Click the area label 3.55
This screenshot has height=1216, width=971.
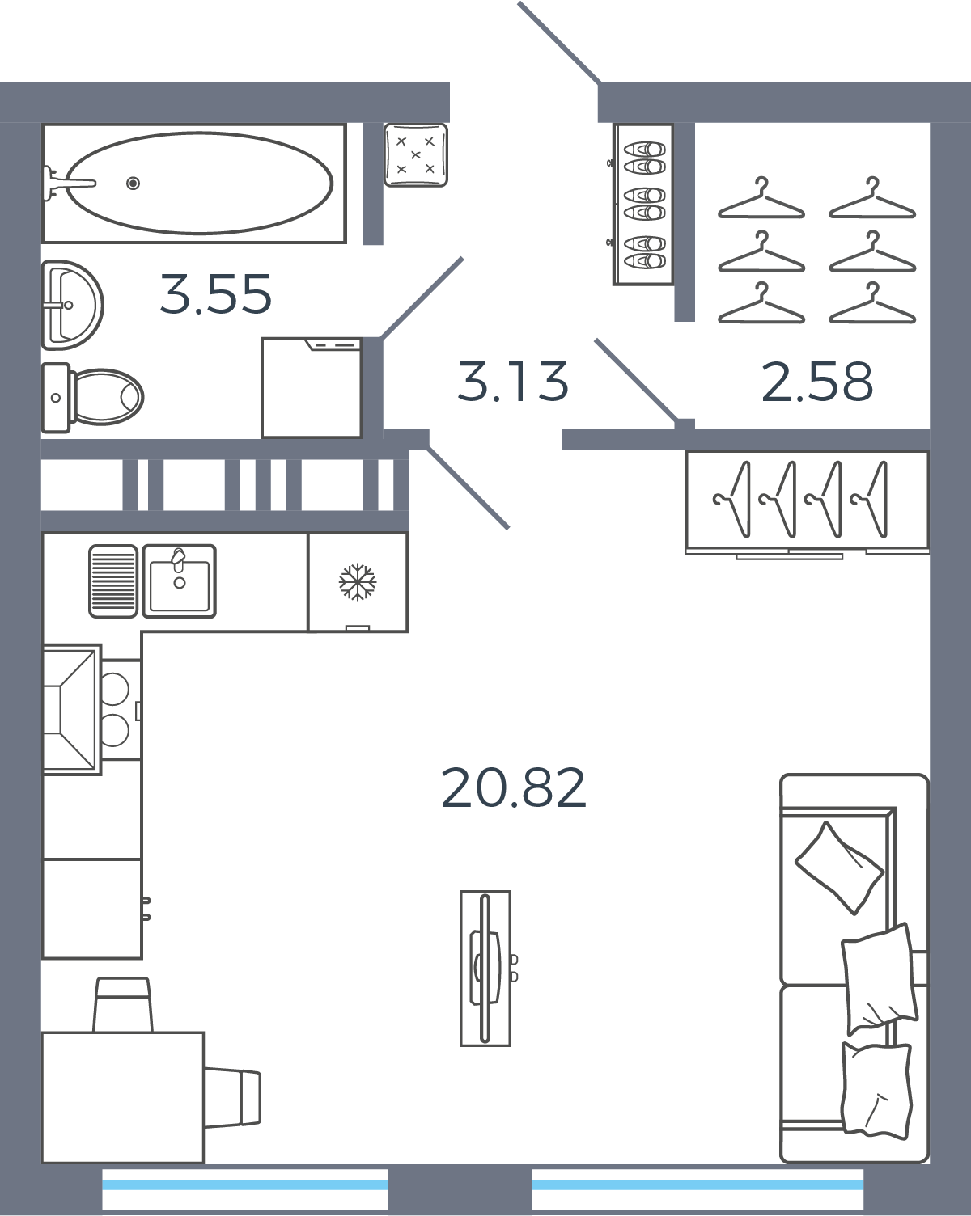pyautogui.click(x=215, y=293)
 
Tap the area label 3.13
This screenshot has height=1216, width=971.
pyautogui.click(x=512, y=382)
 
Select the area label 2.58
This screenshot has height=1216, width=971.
pyautogui.click(x=817, y=382)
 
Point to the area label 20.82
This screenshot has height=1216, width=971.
pyautogui.click(x=513, y=787)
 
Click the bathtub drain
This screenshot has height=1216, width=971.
pyautogui.click(x=133, y=183)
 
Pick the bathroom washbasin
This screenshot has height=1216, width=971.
pyautogui.click(x=72, y=305)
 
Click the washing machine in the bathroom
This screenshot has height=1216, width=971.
pyautogui.click(x=312, y=387)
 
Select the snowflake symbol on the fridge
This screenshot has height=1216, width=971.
pyautogui.click(x=358, y=581)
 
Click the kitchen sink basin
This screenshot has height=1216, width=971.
pyautogui.click(x=180, y=581)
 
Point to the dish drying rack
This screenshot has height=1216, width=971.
pyautogui.click(x=113, y=581)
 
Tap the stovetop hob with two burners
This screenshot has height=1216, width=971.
pyautogui.click(x=121, y=710)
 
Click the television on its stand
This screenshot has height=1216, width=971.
pyautogui.click(x=485, y=969)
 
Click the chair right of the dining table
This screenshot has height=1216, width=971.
pyautogui.click(x=233, y=1098)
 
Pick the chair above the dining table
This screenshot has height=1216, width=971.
pyautogui.click(x=123, y=1005)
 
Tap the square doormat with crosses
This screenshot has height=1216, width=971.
pyautogui.click(x=416, y=155)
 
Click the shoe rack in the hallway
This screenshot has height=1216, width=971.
pyautogui.click(x=643, y=204)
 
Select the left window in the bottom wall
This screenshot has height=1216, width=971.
pyautogui.click(x=245, y=1189)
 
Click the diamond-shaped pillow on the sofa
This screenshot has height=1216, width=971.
pyautogui.click(x=838, y=868)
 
